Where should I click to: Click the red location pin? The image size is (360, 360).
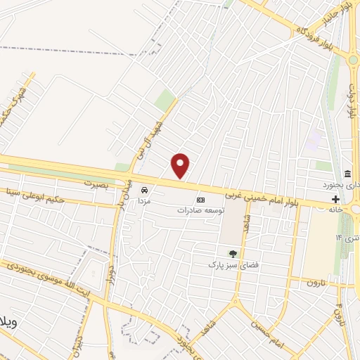tap(181, 165)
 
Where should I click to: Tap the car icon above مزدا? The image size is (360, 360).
tap(144, 190)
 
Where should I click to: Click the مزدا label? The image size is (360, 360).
tap(144, 200)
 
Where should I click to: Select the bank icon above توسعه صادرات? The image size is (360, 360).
tap(200, 200)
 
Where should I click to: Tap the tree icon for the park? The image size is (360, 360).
tap(233, 254)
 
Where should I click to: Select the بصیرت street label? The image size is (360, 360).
tap(98, 183)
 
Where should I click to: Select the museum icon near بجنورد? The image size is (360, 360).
tap(347, 174)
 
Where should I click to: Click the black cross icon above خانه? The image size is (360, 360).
tap(335, 199)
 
